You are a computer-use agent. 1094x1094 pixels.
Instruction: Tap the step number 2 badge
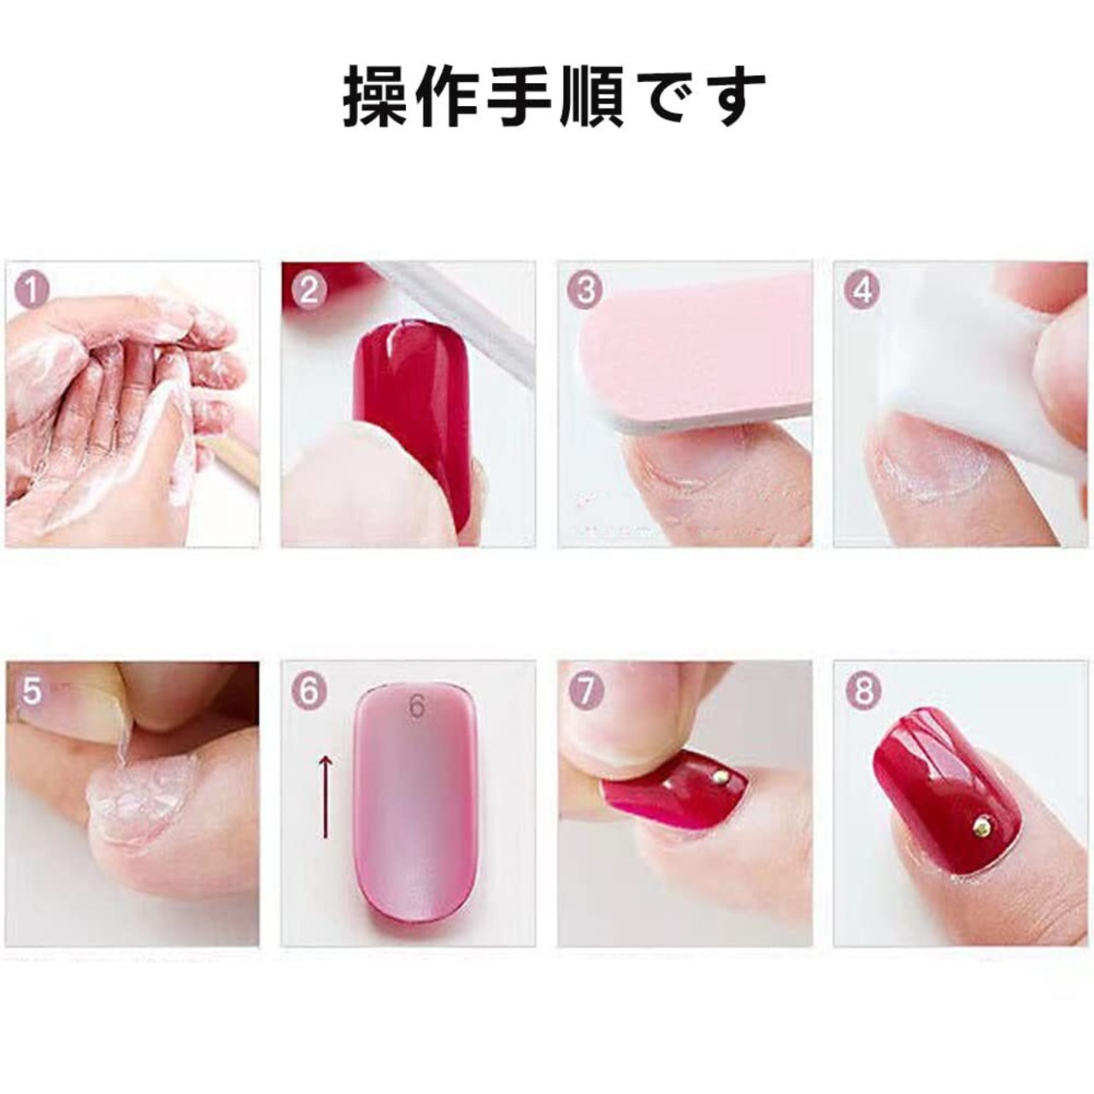309,291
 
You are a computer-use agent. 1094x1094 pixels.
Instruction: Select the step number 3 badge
585,291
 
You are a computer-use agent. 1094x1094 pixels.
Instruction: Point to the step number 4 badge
862,291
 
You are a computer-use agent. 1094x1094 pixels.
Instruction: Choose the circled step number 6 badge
309,691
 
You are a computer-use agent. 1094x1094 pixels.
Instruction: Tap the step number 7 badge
585,691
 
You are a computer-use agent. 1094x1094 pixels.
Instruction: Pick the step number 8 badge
862,691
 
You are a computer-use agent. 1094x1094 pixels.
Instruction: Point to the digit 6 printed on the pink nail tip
417,707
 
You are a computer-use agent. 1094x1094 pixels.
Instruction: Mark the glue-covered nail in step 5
142,801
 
